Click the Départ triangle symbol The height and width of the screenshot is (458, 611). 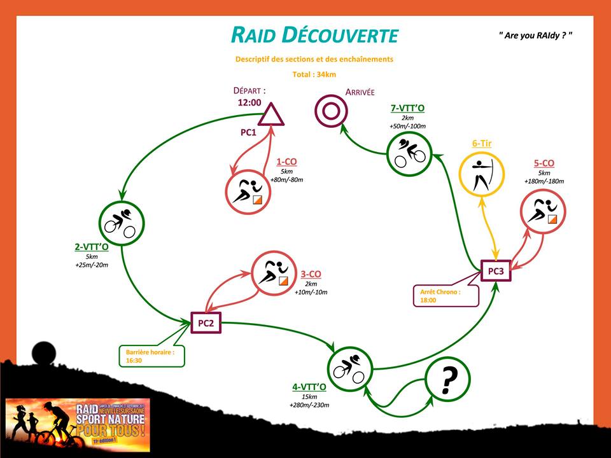(270, 116)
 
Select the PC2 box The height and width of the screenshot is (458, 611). (206, 323)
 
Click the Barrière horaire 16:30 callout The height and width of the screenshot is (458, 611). (151, 356)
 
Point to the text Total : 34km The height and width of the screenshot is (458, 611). (314, 74)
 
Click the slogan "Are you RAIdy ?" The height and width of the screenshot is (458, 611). (535, 36)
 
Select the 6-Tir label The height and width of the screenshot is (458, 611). (481, 144)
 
